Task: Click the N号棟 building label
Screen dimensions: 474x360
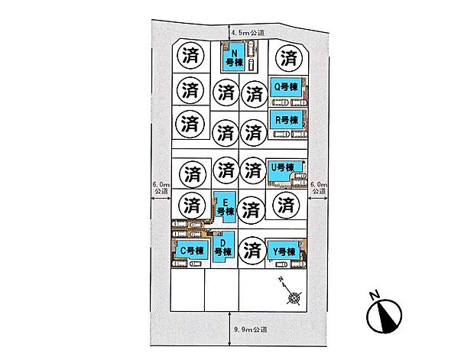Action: coord(234,58)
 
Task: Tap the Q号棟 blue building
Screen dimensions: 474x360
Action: coord(286,87)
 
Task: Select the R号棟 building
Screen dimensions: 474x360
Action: coord(286,120)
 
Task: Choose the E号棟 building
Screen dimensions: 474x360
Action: coord(226,207)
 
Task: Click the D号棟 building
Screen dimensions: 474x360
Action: coord(223,247)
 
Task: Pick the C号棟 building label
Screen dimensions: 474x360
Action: coord(192,251)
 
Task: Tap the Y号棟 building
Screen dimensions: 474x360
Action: coord(284,251)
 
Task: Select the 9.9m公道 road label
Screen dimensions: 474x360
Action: coord(251,329)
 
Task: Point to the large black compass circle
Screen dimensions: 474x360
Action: coord(385,316)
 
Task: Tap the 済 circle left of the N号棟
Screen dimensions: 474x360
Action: coord(190,55)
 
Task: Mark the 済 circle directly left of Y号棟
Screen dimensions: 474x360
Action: coord(252,251)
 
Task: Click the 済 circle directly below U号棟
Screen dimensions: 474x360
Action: coord(286,205)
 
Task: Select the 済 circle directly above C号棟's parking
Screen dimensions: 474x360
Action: coord(192,205)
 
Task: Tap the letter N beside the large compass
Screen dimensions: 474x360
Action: coord(375,295)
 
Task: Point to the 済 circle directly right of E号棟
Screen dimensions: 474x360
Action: coord(251,209)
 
